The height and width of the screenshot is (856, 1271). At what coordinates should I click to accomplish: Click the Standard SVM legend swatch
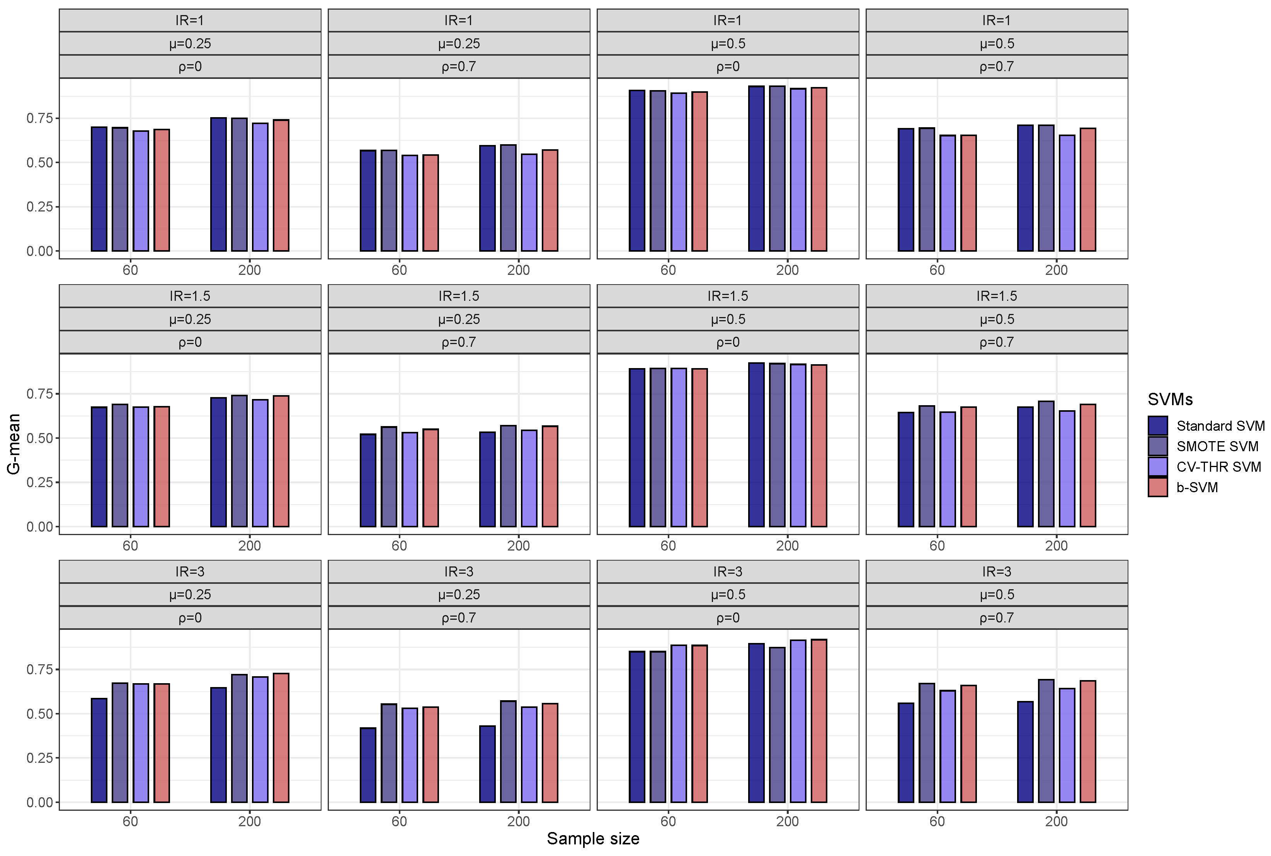tap(1157, 426)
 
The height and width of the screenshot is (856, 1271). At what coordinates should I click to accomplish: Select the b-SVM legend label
tap(1197, 488)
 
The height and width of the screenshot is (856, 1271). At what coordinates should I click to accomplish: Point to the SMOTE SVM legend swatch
tap(1157, 447)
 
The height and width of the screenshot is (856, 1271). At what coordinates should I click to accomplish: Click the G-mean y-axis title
tap(14, 443)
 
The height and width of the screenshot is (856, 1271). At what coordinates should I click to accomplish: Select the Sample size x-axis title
tap(593, 839)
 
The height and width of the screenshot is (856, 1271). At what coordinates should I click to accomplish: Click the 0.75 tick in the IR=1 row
tap(39, 118)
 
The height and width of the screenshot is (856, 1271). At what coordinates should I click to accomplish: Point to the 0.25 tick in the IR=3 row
tap(39, 758)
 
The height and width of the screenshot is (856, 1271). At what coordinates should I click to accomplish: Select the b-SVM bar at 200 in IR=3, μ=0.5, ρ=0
tap(819, 721)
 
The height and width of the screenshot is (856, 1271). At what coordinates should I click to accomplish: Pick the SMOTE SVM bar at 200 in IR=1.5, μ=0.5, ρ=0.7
tap(1046, 464)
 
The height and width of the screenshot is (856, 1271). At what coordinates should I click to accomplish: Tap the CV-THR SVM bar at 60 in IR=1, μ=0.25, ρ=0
tap(141, 191)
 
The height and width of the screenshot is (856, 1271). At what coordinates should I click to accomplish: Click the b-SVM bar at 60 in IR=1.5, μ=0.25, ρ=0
tap(162, 467)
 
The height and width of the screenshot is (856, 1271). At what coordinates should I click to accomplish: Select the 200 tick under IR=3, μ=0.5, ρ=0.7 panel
tap(1056, 821)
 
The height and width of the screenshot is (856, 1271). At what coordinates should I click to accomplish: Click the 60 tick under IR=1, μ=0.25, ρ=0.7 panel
tap(399, 270)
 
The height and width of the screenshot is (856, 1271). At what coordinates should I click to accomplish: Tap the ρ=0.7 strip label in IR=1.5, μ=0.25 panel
tap(459, 342)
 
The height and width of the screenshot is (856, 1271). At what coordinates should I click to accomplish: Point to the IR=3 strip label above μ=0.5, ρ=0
tap(728, 571)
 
